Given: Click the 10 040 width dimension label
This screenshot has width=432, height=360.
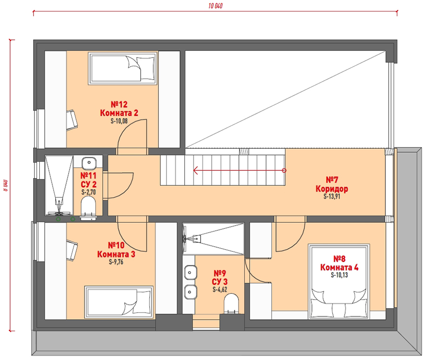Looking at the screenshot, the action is (216, 6).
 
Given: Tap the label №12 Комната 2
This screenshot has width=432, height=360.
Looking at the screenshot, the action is (119, 108).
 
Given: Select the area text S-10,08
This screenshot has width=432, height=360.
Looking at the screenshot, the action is (119, 121).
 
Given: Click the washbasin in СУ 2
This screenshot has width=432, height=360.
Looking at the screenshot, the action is (89, 163).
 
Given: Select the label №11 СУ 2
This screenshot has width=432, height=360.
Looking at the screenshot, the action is (88, 180).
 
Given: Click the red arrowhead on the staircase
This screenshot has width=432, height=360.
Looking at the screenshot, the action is (196, 170).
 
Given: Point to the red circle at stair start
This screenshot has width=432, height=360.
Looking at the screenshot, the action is (284, 170).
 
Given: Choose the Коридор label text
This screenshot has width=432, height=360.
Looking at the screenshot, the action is (332, 189).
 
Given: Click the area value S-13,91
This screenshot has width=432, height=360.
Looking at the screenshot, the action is (332, 196).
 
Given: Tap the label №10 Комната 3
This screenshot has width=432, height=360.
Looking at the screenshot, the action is (116, 250).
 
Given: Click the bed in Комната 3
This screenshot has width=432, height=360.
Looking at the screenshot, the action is (119, 302).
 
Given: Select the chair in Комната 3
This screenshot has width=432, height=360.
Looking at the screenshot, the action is (72, 251).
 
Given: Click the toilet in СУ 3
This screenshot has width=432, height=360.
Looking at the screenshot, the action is (231, 304).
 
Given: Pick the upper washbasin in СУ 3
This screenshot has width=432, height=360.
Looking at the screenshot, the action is (190, 273).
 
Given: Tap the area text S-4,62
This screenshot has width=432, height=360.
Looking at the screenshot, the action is (220, 289).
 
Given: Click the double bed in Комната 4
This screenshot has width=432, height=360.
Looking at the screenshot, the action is (339, 281).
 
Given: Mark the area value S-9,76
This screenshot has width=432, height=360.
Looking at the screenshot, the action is (116, 262).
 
